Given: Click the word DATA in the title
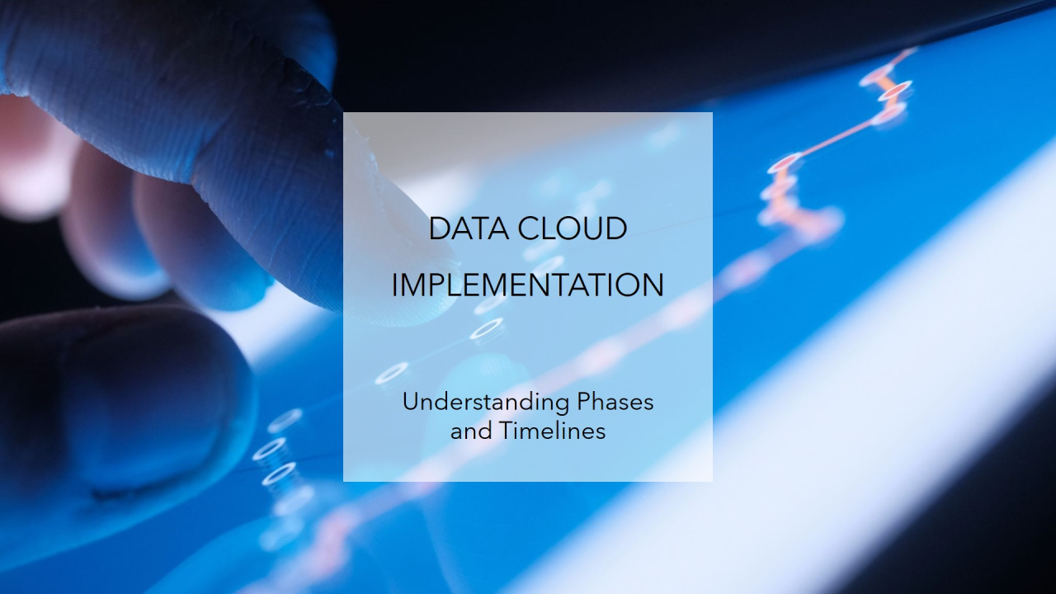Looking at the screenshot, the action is tap(469, 229).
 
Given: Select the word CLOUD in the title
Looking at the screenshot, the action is tap(573, 229).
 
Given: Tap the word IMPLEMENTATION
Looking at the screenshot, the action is tap(527, 285).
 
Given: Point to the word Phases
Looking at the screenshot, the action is tap(615, 402).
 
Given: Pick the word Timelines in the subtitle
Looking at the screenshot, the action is tap(552, 431).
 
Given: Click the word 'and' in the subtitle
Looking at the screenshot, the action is tap(471, 431).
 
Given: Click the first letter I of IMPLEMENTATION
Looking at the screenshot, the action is tap(395, 285).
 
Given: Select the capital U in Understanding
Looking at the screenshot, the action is tap(411, 402).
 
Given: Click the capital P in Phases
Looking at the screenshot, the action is tap(585, 402).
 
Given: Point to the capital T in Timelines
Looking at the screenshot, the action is tap(507, 431).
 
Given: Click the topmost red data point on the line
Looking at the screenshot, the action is tap(876, 75).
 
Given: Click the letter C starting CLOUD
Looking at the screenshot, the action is tap(529, 229).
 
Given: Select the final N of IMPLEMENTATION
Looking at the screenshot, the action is tap(653, 285).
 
